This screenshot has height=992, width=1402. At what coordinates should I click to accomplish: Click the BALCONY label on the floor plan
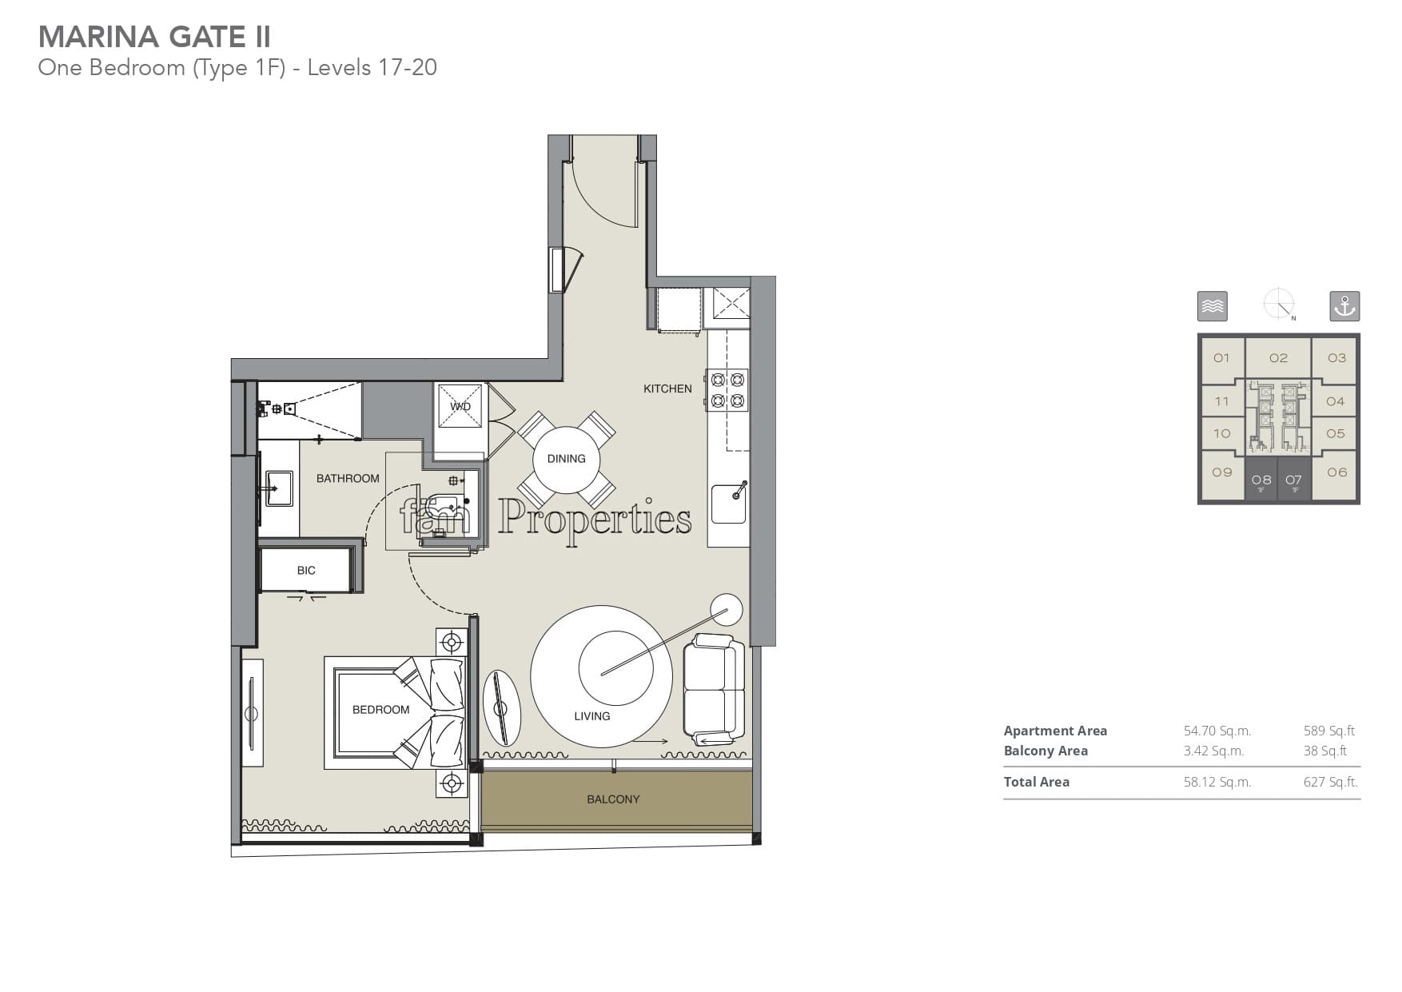[613, 799]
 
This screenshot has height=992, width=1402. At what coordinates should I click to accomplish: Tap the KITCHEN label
[667, 388]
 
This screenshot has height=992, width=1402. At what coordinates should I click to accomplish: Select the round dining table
[566, 459]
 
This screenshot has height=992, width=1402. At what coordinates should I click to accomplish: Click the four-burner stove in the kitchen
[727, 390]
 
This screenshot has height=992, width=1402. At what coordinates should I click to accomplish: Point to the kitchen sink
[729, 503]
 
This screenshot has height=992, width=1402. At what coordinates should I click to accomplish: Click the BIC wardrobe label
[306, 570]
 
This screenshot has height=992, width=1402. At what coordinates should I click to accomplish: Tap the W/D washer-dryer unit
[460, 406]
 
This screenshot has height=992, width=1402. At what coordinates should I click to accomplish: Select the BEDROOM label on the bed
[380, 710]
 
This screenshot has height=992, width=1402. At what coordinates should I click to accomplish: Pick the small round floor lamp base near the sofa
[727, 611]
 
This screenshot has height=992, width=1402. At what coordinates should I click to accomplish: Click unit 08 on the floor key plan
[1261, 480]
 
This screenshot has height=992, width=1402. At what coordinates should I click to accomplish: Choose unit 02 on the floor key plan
[1278, 358]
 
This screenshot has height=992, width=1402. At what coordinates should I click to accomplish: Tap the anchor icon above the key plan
[1344, 306]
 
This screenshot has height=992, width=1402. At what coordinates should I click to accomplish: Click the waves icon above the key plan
[1213, 306]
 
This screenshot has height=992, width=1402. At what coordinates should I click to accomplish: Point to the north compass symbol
[1279, 305]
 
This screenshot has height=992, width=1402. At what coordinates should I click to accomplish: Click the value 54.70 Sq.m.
[1217, 731]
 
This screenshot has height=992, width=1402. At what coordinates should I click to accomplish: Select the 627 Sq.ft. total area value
[1331, 782]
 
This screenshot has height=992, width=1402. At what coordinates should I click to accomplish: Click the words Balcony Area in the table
[1046, 751]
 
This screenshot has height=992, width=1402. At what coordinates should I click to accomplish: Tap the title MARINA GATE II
[154, 37]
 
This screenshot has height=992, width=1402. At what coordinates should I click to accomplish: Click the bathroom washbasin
[279, 488]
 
